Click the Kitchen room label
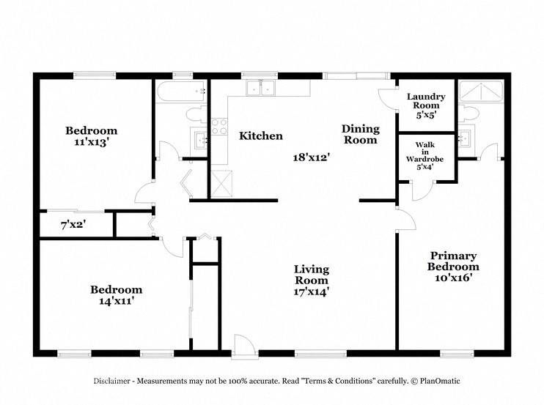click(x=261, y=135)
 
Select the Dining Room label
click(x=360, y=134)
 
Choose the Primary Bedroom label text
click(x=453, y=261)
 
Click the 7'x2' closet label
click(x=73, y=225)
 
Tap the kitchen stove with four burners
click(x=219, y=129)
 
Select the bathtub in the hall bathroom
click(x=180, y=92)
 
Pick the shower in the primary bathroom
click(x=480, y=92)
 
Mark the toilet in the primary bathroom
click(x=468, y=113)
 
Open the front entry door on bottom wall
click(x=241, y=346)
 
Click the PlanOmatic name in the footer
click(x=429, y=382)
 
